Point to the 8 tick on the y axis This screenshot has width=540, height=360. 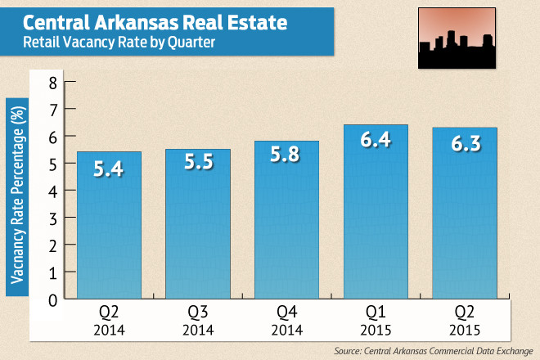click(53, 82)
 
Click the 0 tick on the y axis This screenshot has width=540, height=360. click(53, 299)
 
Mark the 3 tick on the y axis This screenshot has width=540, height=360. click(53, 218)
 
